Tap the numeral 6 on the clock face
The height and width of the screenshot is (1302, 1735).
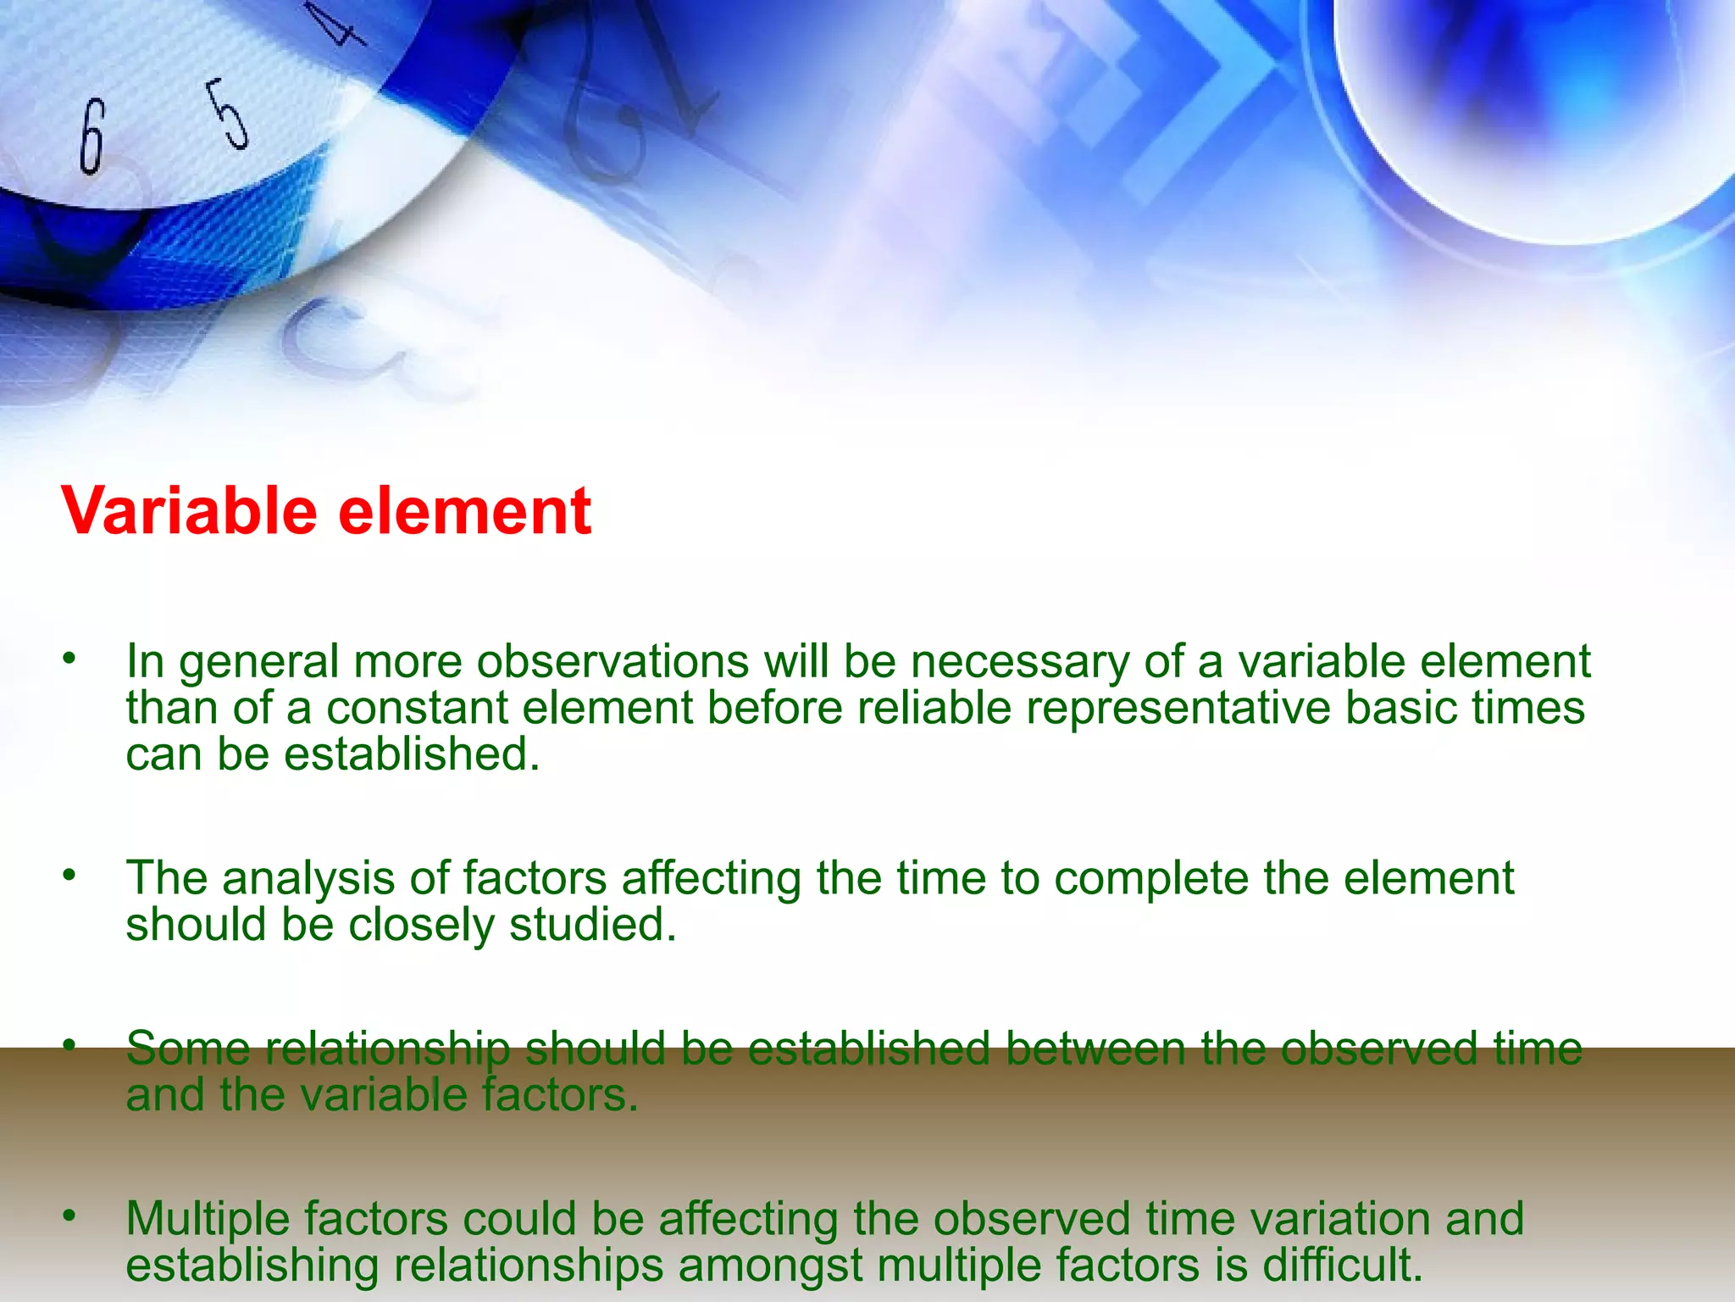click(91, 136)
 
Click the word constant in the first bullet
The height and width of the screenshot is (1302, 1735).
click(417, 708)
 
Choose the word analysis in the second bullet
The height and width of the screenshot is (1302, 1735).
click(308, 879)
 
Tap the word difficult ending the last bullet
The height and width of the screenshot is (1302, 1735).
click(1341, 1265)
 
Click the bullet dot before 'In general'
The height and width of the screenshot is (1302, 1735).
click(69, 658)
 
